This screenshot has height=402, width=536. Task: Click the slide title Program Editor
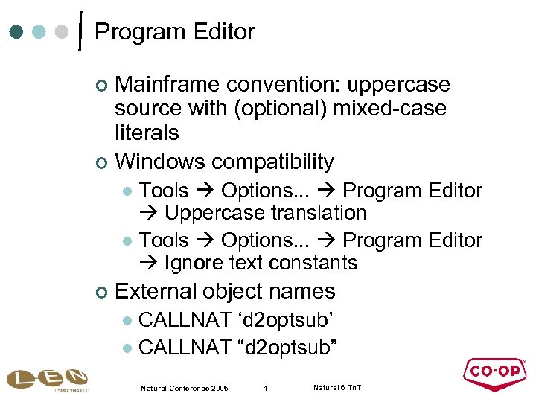tap(175, 32)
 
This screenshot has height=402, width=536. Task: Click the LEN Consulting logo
tap(47, 380)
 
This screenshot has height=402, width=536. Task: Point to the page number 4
tap(265, 388)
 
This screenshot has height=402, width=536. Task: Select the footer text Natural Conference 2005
tap(185, 388)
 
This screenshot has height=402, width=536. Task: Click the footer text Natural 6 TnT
tap(337, 388)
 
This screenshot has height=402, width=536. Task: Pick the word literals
tap(147, 133)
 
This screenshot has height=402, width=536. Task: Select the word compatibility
tap(272, 161)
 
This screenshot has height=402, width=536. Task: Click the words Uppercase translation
tap(265, 213)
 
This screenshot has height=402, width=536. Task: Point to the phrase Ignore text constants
tap(261, 263)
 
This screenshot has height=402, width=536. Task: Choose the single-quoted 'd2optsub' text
tap(286, 321)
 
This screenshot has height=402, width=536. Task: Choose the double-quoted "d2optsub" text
tap(287, 346)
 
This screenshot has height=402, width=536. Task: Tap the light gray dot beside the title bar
tap(63, 32)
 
